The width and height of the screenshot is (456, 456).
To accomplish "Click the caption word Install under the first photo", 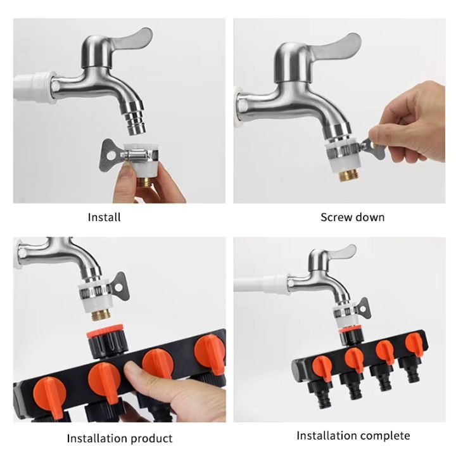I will (104, 217).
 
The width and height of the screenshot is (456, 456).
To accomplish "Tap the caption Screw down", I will (352, 217).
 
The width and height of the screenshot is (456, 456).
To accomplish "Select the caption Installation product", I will (120, 438).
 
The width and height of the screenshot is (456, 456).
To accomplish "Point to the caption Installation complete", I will (353, 435).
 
